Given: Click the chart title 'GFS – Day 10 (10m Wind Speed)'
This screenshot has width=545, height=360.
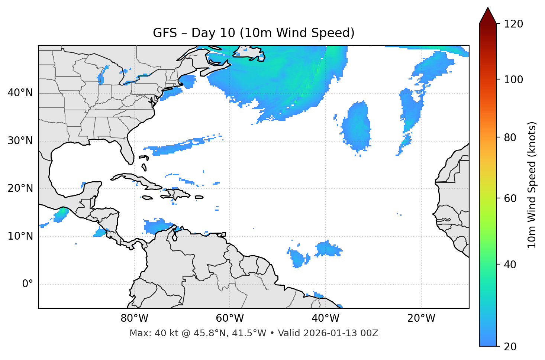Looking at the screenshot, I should coord(254,33).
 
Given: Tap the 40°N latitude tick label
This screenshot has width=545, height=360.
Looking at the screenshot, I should coord(20,93).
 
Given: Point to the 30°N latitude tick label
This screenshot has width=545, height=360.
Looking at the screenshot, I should coord(20,141).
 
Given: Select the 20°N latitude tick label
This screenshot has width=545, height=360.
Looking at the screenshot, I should coord(20,188).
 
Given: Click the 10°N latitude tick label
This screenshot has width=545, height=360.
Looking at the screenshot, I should coord(20,236).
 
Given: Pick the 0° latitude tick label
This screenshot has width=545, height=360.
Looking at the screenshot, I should coord(28,284).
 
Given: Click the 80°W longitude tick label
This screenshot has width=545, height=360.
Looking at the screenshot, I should coord(134,318).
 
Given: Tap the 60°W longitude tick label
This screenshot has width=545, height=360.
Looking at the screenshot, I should coord(230,318).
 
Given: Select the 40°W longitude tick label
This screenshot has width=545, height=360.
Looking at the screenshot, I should coord(326,318).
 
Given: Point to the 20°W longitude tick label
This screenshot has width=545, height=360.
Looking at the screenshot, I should coord(421,318).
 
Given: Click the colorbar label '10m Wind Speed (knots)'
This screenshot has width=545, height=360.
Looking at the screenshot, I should coord(532,185).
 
